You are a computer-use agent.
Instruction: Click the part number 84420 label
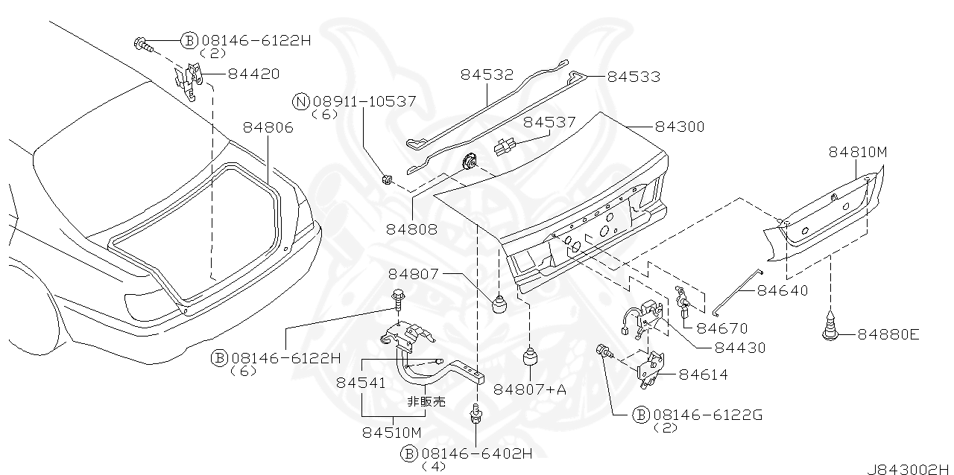coord(253,74)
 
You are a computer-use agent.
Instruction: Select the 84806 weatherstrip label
coord(268,127)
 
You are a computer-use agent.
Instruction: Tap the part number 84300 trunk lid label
coord(679,127)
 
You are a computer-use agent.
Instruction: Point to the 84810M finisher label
coord(858,152)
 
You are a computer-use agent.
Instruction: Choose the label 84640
coord(783,290)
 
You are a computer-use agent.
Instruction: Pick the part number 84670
coord(722,328)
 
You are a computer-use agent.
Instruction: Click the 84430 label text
coord(739,347)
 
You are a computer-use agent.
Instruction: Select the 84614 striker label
coord(704,374)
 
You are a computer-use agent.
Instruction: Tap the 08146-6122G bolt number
coord(707,415)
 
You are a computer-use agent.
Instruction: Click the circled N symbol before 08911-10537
coord(301,102)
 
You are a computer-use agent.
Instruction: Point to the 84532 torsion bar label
coord(487,74)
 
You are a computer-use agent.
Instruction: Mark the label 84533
coord(634,76)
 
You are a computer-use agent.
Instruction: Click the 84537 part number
coord(549,121)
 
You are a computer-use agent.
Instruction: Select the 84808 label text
coord(412,229)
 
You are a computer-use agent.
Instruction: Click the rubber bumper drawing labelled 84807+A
coord(530,357)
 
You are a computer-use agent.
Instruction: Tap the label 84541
coord(361,383)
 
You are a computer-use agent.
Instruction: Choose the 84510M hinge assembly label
coord(392,432)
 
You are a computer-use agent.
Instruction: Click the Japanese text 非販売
coord(426,401)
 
